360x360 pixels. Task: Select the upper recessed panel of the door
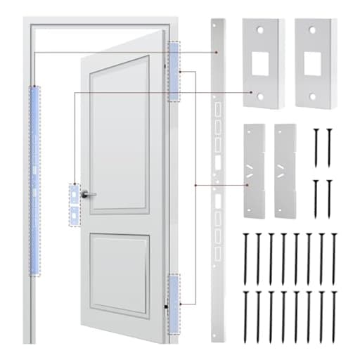[x=120, y=134]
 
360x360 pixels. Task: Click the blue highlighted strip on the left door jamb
[x=33, y=179]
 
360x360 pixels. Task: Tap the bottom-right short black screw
[x=328, y=199]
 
